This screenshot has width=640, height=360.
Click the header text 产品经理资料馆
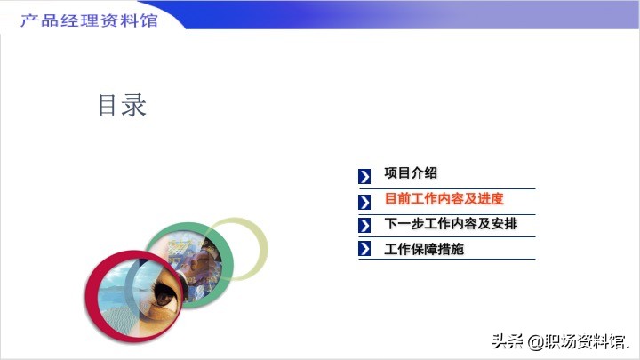point(89,20)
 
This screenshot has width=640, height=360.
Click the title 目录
point(122,105)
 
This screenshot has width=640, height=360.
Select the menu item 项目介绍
point(410,172)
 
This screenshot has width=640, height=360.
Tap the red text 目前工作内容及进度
point(444,199)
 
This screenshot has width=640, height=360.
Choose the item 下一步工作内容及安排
point(451,224)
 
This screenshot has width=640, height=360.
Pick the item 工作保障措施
point(424,249)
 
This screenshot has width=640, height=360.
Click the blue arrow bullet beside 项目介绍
point(364,176)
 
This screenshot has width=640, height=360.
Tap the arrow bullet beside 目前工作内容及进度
point(364,202)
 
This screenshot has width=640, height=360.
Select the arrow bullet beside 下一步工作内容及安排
point(364,225)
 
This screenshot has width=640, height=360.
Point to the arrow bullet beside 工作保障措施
point(364,249)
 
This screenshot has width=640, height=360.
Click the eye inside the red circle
point(165,296)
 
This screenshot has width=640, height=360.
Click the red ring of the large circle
point(91,297)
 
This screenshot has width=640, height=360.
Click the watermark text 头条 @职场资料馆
point(560,341)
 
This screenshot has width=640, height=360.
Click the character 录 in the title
point(134,105)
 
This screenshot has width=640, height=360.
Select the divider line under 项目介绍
point(447,189)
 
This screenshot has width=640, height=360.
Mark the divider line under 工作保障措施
point(447,259)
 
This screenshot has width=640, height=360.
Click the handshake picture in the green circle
point(200,265)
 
